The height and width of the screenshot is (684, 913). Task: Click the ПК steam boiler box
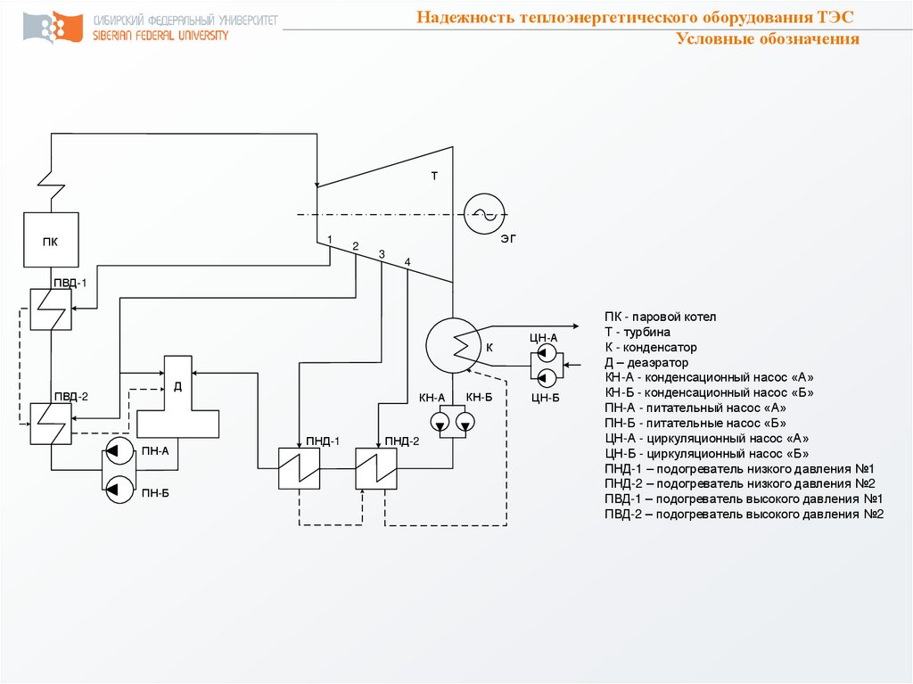click(51, 240)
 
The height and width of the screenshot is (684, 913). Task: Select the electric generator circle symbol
click(485, 213)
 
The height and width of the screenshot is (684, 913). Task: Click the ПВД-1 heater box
click(51, 309)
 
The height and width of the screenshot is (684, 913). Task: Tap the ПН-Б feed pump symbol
click(116, 487)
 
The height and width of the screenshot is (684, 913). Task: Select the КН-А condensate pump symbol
click(440, 421)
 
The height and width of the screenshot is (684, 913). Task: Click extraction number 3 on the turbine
click(382, 255)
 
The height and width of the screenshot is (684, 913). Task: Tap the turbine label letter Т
click(435, 177)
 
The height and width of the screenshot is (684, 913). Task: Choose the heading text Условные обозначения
click(767, 39)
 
